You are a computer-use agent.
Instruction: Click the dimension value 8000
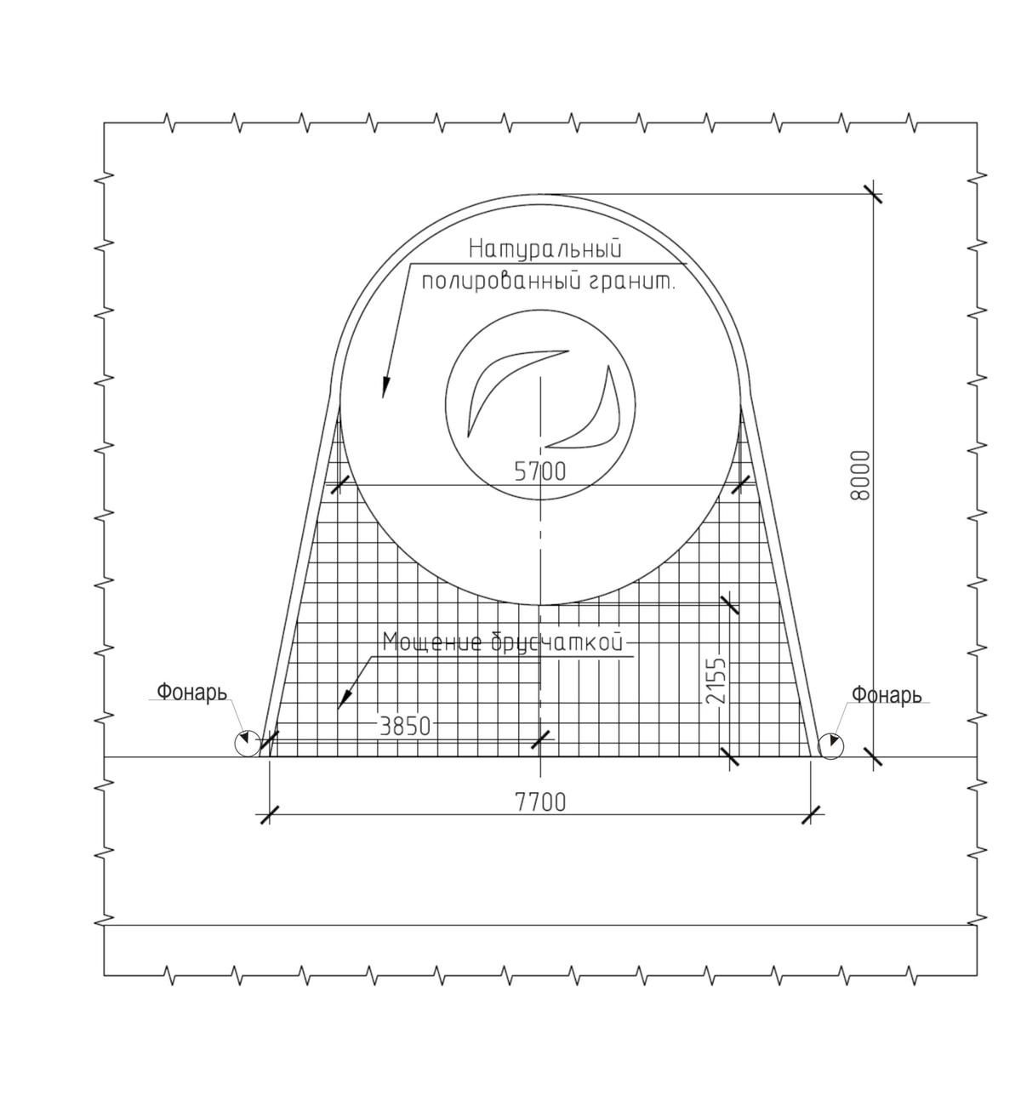(x=860, y=476)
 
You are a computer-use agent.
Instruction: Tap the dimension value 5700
(x=540, y=471)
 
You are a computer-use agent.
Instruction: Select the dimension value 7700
(x=541, y=802)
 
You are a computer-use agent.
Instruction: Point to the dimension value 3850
(x=405, y=727)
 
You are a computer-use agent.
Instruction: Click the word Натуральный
(x=545, y=249)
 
